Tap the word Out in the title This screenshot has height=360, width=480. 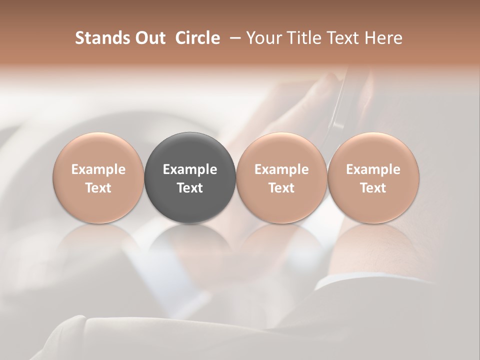point(149,38)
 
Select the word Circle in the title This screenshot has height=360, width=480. point(197,38)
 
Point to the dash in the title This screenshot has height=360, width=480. point(233,38)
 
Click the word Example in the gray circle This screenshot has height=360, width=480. point(190,169)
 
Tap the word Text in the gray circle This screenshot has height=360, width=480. point(190,188)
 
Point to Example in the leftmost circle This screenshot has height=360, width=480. point(98,169)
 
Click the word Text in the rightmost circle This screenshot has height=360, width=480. point(373,188)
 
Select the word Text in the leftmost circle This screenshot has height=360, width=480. point(98,188)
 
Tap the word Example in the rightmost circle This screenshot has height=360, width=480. point(373,169)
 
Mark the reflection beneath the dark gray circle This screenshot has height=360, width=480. point(190,245)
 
